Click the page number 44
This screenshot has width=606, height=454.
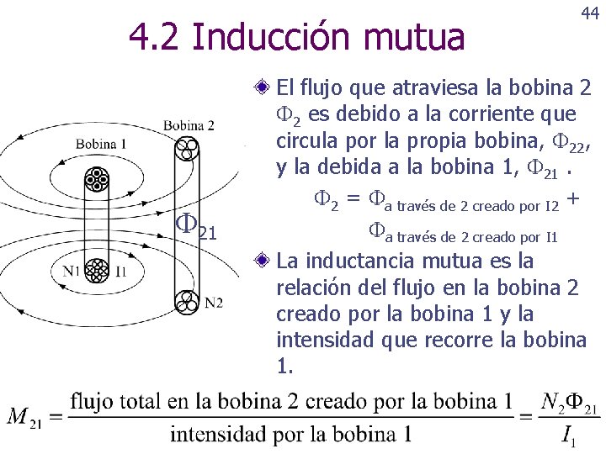(588, 15)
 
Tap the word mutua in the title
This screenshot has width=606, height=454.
(421, 37)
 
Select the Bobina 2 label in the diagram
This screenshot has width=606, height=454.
(189, 126)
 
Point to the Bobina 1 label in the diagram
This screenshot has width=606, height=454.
(100, 144)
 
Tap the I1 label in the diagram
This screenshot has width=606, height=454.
(120, 271)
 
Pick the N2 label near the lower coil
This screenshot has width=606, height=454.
(213, 302)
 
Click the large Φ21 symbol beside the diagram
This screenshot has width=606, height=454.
(195, 224)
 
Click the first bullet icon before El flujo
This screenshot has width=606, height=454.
(263, 87)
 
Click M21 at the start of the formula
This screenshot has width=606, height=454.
(25, 416)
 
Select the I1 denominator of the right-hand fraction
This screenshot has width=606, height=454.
(569, 437)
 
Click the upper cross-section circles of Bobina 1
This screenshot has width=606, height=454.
(97, 180)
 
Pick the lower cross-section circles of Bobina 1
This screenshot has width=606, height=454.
(97, 271)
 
